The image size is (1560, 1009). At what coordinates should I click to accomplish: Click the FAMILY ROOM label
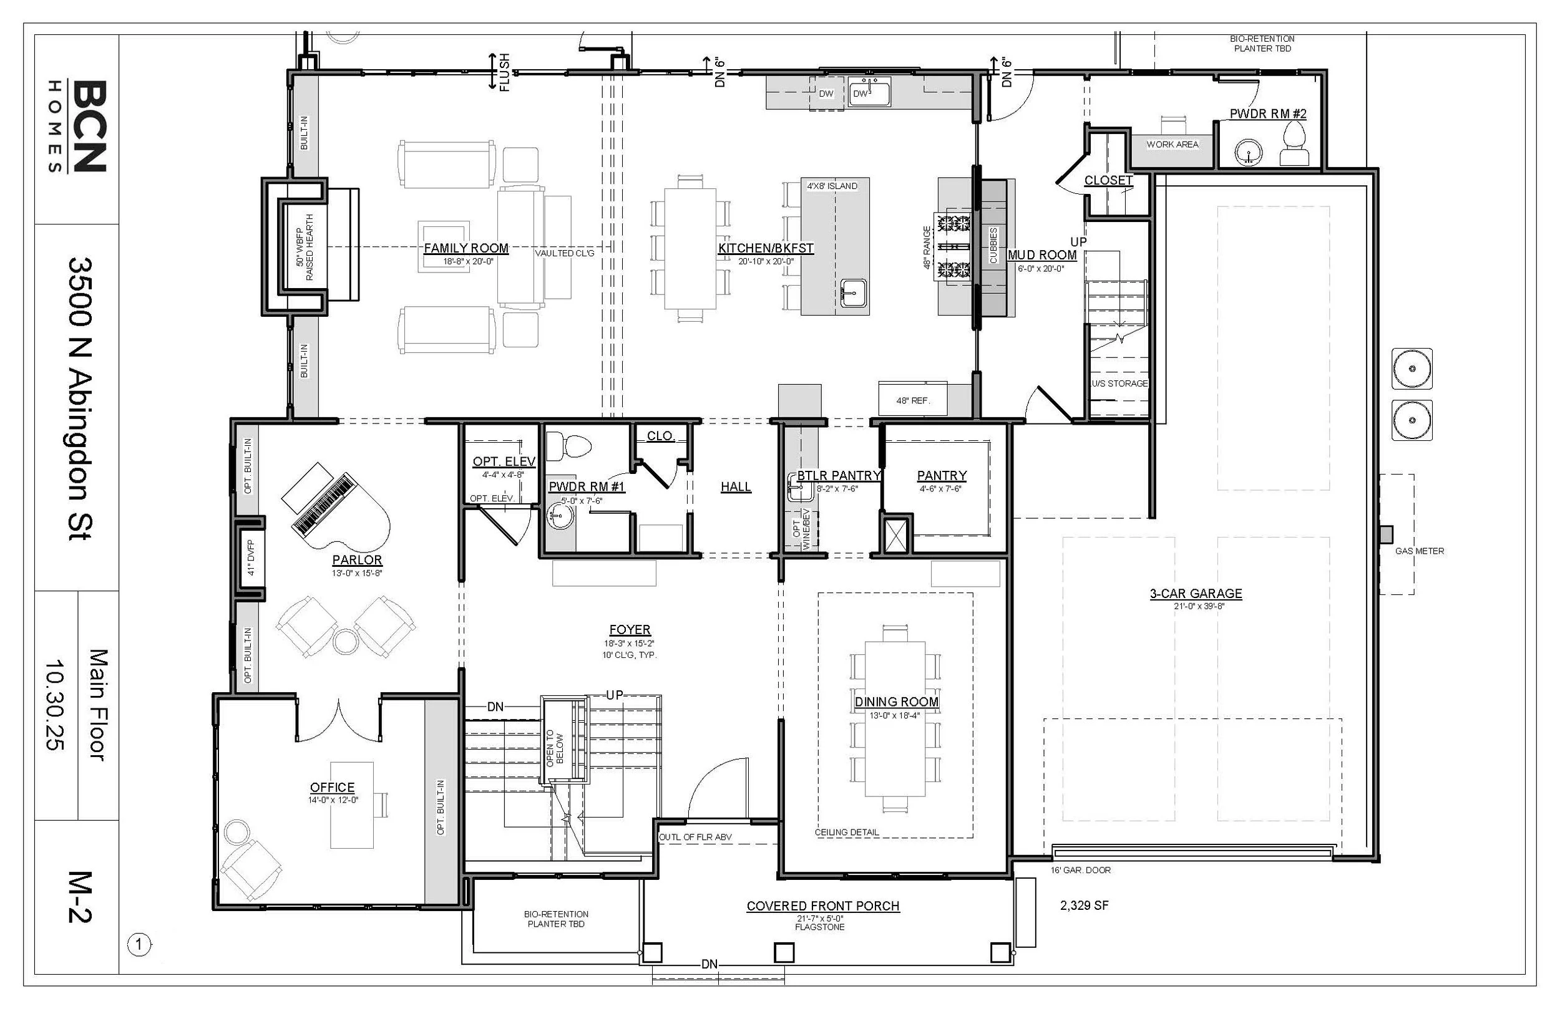(x=466, y=248)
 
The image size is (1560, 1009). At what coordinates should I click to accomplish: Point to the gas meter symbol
(x=1387, y=534)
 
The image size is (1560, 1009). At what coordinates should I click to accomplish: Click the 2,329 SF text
(x=1084, y=905)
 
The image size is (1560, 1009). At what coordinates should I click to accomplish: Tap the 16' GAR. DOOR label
(x=1081, y=870)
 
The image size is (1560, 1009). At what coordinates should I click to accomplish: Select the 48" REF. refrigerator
(x=912, y=398)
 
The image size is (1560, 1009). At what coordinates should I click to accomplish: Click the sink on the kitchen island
(x=854, y=293)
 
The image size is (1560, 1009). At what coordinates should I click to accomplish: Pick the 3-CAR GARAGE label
(x=1196, y=594)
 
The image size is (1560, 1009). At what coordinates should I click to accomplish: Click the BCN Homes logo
(x=78, y=127)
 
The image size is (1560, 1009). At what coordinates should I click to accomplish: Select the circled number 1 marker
(x=139, y=945)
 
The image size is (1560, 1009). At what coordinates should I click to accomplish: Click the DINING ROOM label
(x=896, y=702)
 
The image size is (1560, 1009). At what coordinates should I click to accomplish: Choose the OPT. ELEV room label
(x=504, y=462)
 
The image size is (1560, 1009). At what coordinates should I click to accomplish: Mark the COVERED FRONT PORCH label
(x=822, y=906)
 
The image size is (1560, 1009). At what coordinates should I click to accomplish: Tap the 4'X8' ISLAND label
(x=832, y=186)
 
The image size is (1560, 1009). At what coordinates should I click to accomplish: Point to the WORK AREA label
(x=1172, y=144)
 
